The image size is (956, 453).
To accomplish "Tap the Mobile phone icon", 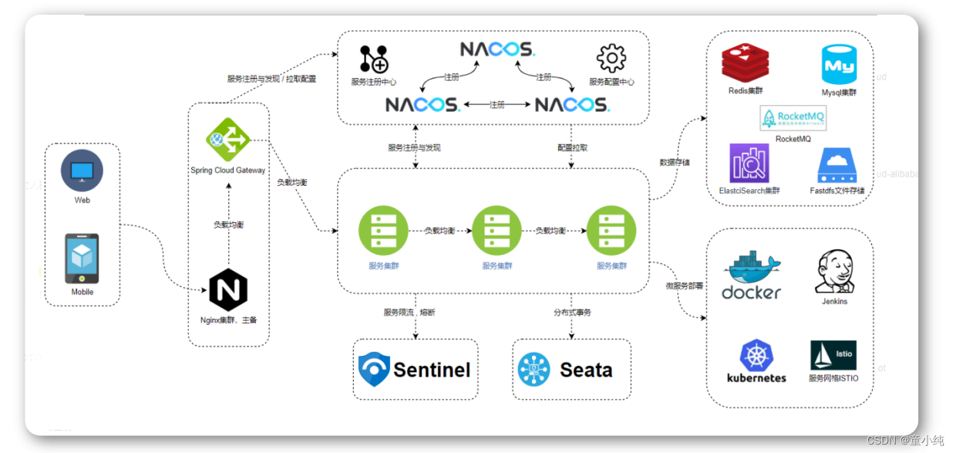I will [82, 259].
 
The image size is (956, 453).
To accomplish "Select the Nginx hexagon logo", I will [228, 290].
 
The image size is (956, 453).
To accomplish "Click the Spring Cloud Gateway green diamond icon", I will [228, 139].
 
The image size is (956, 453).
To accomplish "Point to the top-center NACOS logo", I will [497, 49].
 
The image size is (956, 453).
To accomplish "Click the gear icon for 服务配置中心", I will [611, 59].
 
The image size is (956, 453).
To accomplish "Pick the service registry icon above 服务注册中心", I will [374, 59].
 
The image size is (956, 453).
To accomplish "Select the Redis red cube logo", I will [745, 64].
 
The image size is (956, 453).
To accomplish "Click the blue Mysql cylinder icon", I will [839, 64].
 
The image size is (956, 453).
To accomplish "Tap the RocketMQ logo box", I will [793, 118].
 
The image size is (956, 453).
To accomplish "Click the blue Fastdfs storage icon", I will [837, 165].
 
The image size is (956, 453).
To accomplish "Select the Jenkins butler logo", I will [834, 272].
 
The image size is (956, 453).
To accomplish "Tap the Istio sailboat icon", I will [833, 355].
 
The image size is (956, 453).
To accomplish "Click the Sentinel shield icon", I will [374, 369].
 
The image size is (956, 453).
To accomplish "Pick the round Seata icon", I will [534, 370].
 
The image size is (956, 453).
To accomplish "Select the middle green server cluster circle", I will [497, 231].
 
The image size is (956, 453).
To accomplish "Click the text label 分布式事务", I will [572, 313].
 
